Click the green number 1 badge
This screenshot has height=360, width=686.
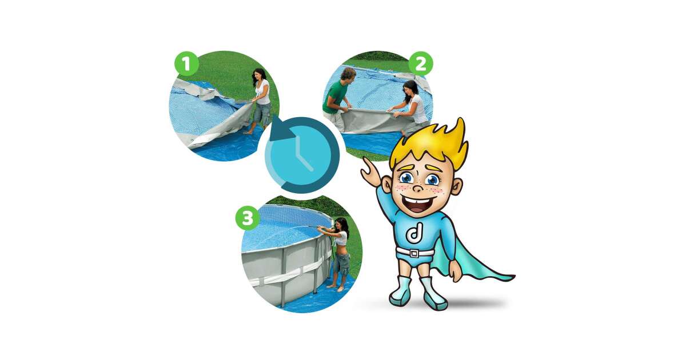click(186, 63)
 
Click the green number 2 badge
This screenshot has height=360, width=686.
click(421, 63)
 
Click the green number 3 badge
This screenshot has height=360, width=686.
click(248, 218)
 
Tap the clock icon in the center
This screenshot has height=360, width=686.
click(302, 155)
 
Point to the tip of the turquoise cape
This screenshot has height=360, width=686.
click(514, 278)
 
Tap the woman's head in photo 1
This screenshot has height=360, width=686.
click(260, 76)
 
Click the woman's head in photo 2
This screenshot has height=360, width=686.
click(410, 88)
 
